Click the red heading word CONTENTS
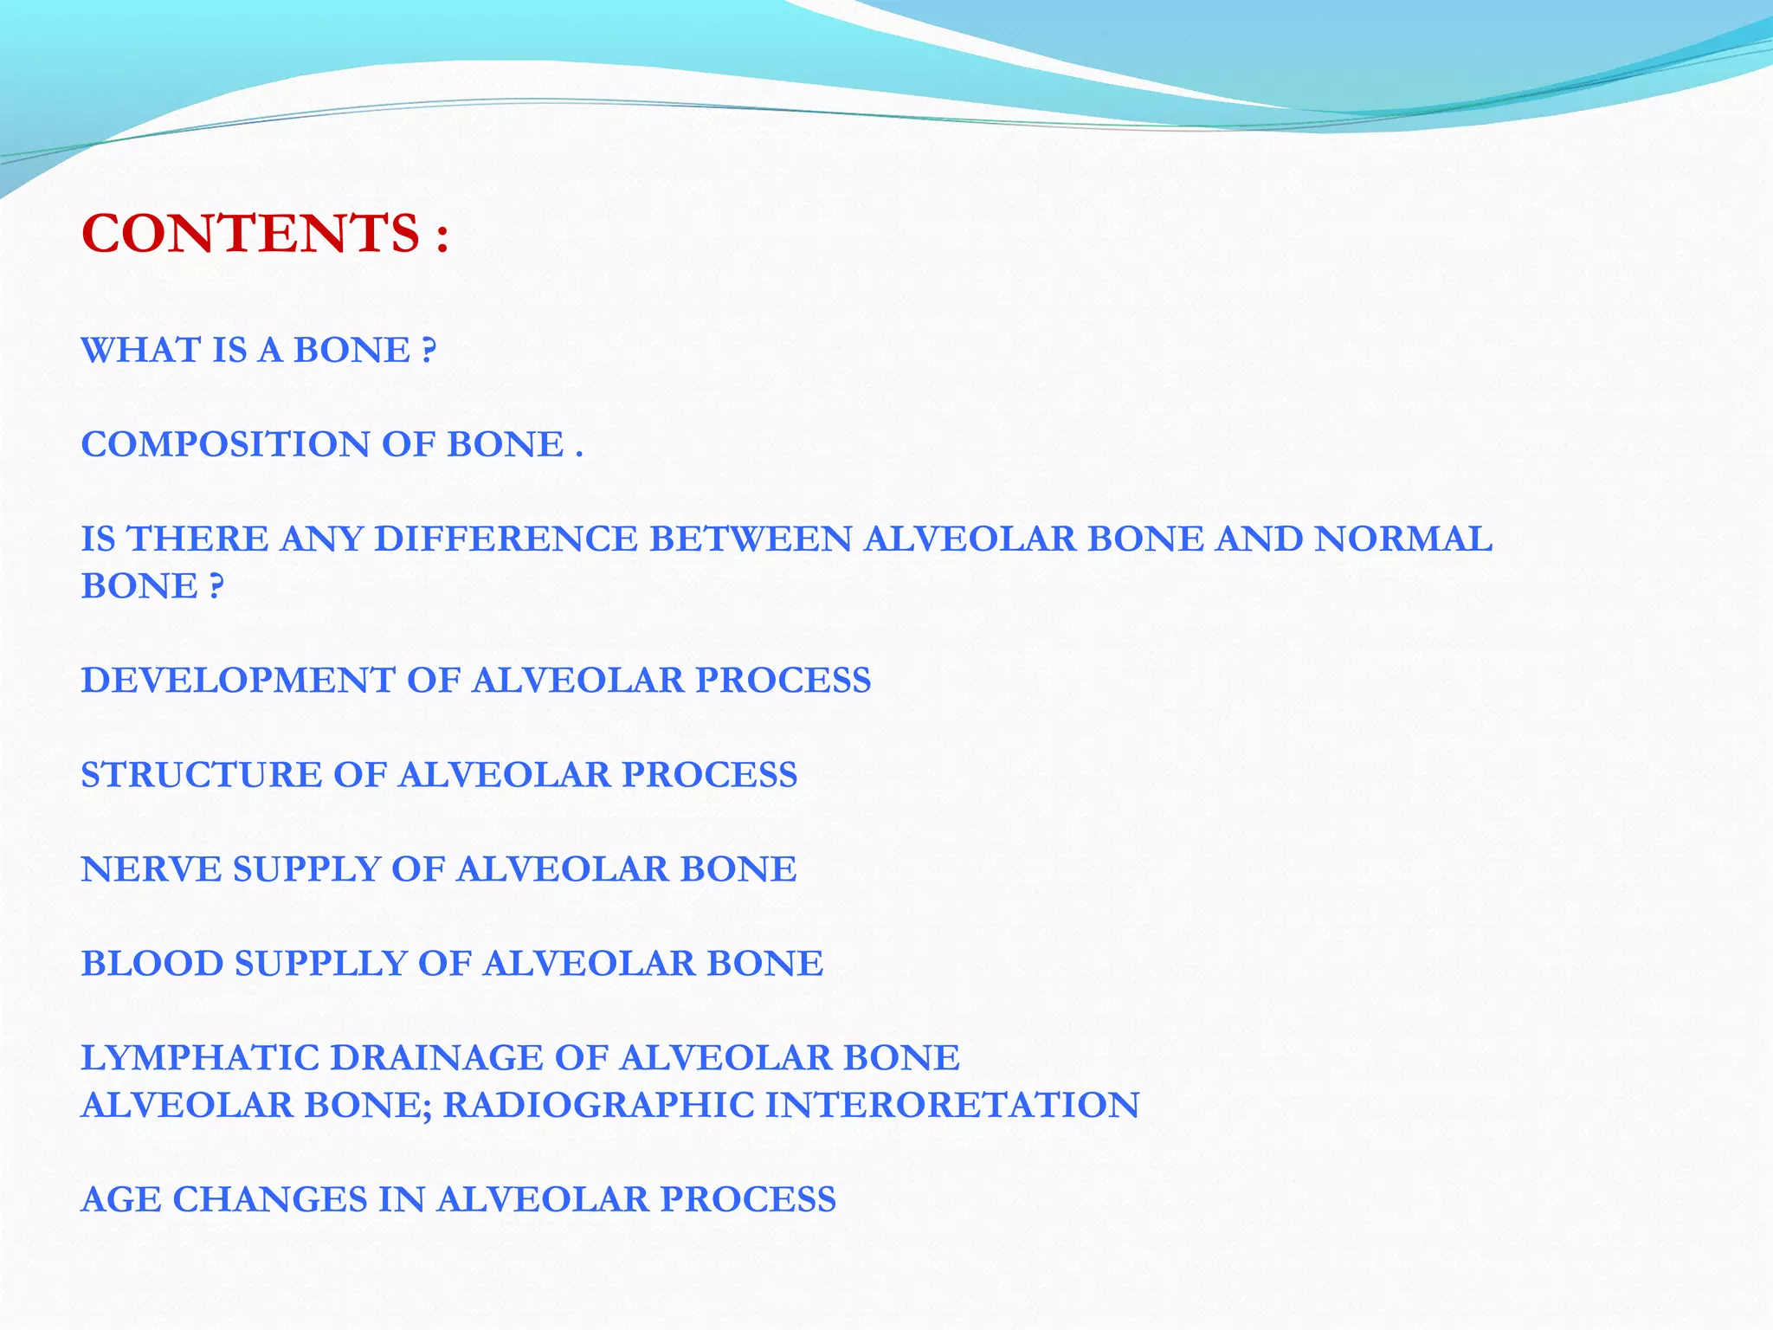(x=250, y=234)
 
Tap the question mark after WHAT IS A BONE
(x=429, y=350)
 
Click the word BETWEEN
(x=750, y=539)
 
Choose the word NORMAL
(x=1403, y=539)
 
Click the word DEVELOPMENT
(x=238, y=681)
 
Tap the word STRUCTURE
(x=201, y=775)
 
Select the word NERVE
(x=151, y=869)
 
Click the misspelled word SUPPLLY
(x=321, y=964)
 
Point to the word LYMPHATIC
(x=199, y=1058)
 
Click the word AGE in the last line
(x=121, y=1200)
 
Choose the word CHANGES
(x=269, y=1200)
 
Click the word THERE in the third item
(x=198, y=539)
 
